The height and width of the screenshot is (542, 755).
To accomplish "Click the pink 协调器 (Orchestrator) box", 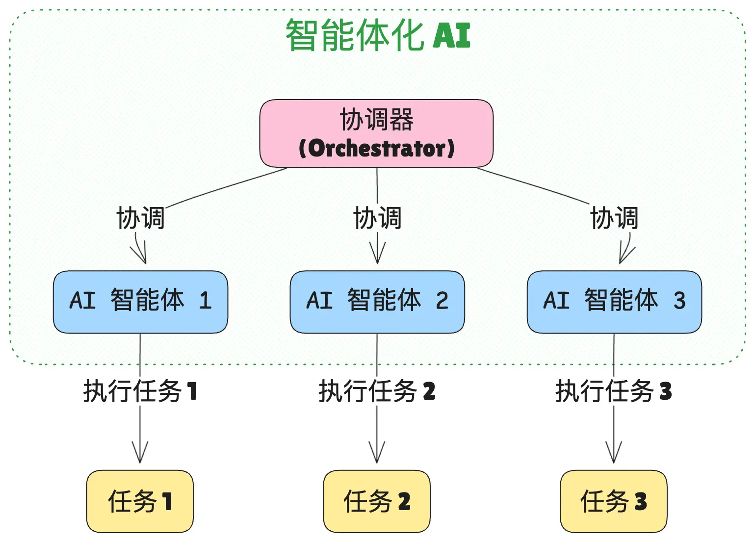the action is point(376,133).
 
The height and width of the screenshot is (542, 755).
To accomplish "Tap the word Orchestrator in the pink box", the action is point(376,148).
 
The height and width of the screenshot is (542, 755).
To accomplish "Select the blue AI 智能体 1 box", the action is point(141,302).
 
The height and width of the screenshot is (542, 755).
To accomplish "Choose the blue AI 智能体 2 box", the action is point(377,302).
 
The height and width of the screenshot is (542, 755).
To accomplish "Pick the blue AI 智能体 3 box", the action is point(614,302).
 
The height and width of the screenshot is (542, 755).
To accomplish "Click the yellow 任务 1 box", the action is point(140,502).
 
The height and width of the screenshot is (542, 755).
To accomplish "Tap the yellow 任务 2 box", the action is point(377,502).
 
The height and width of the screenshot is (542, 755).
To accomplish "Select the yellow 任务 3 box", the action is point(614,502).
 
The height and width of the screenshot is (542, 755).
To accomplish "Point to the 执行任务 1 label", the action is point(140,391).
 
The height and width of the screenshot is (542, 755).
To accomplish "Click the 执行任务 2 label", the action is point(377,391).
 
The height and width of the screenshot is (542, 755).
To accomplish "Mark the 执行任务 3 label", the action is point(614,391).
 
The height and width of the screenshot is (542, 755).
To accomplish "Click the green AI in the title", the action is point(451,35).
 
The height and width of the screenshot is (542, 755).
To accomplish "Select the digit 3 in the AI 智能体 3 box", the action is point(679,300).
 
